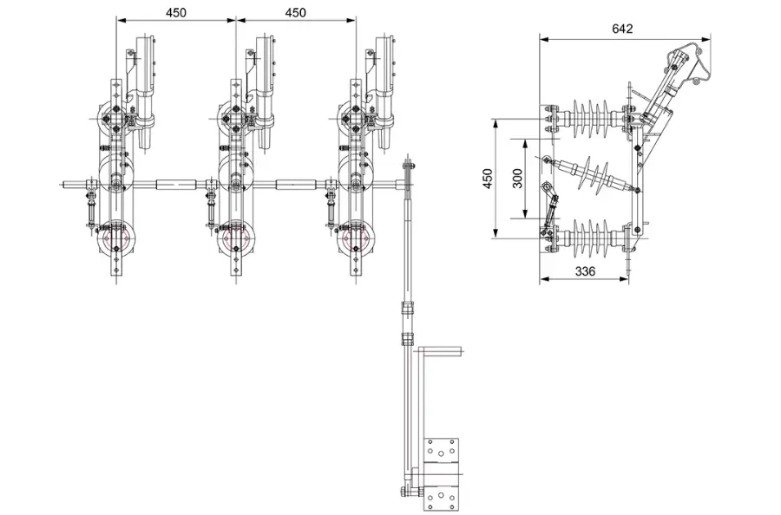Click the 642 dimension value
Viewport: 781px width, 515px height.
pyautogui.click(x=622, y=28)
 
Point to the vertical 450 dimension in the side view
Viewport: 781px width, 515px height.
pyautogui.click(x=488, y=178)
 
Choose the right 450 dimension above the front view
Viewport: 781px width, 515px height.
pyautogui.click(x=295, y=13)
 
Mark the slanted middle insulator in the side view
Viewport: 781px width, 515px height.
pyautogui.click(x=590, y=173)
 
